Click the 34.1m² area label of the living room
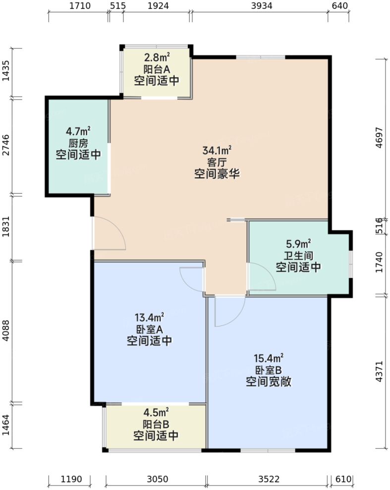(217, 150)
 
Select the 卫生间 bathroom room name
(298, 256)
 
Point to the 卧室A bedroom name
(149, 328)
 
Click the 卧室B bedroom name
(268, 370)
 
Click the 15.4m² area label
(268, 358)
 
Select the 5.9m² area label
(298, 244)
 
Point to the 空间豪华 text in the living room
(217, 174)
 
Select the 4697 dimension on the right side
(380, 139)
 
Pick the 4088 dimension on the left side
(6, 331)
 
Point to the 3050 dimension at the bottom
(158, 479)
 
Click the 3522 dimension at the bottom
(269, 479)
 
